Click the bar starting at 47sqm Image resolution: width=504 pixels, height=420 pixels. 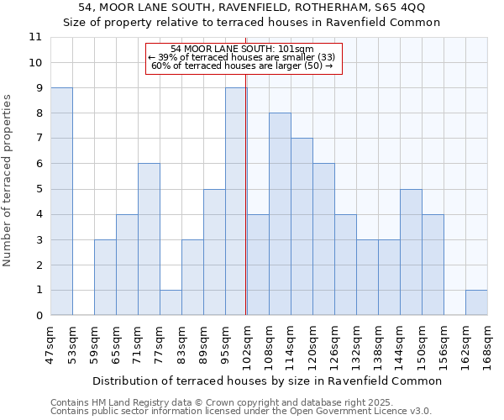click(61, 202)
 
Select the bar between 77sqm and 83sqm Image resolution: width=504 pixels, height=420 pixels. click(171, 302)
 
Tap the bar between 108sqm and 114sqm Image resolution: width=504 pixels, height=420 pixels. click(280, 214)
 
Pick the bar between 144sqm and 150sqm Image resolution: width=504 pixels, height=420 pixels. click(411, 252)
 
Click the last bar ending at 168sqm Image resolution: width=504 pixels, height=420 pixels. click(476, 302)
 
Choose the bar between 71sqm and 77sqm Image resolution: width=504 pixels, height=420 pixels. click(149, 239)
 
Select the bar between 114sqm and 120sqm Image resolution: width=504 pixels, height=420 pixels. click(302, 227)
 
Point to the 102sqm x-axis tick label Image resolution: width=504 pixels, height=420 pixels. click(247, 345)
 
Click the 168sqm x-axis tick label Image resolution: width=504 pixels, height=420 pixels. click(487, 345)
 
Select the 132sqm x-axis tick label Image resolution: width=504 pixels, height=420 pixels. click(356, 345)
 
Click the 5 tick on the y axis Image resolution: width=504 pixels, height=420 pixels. click(39, 189)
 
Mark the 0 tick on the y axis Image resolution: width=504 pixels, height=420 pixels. click(39, 316)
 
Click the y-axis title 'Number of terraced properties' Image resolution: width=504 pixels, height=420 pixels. click(8, 181)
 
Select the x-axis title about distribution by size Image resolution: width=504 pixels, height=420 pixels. click(266, 381)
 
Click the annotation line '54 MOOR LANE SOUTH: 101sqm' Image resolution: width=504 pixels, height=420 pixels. click(241, 50)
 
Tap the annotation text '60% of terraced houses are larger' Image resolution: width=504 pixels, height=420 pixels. click(241, 66)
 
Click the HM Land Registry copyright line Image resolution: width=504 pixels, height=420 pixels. click(221, 402)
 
